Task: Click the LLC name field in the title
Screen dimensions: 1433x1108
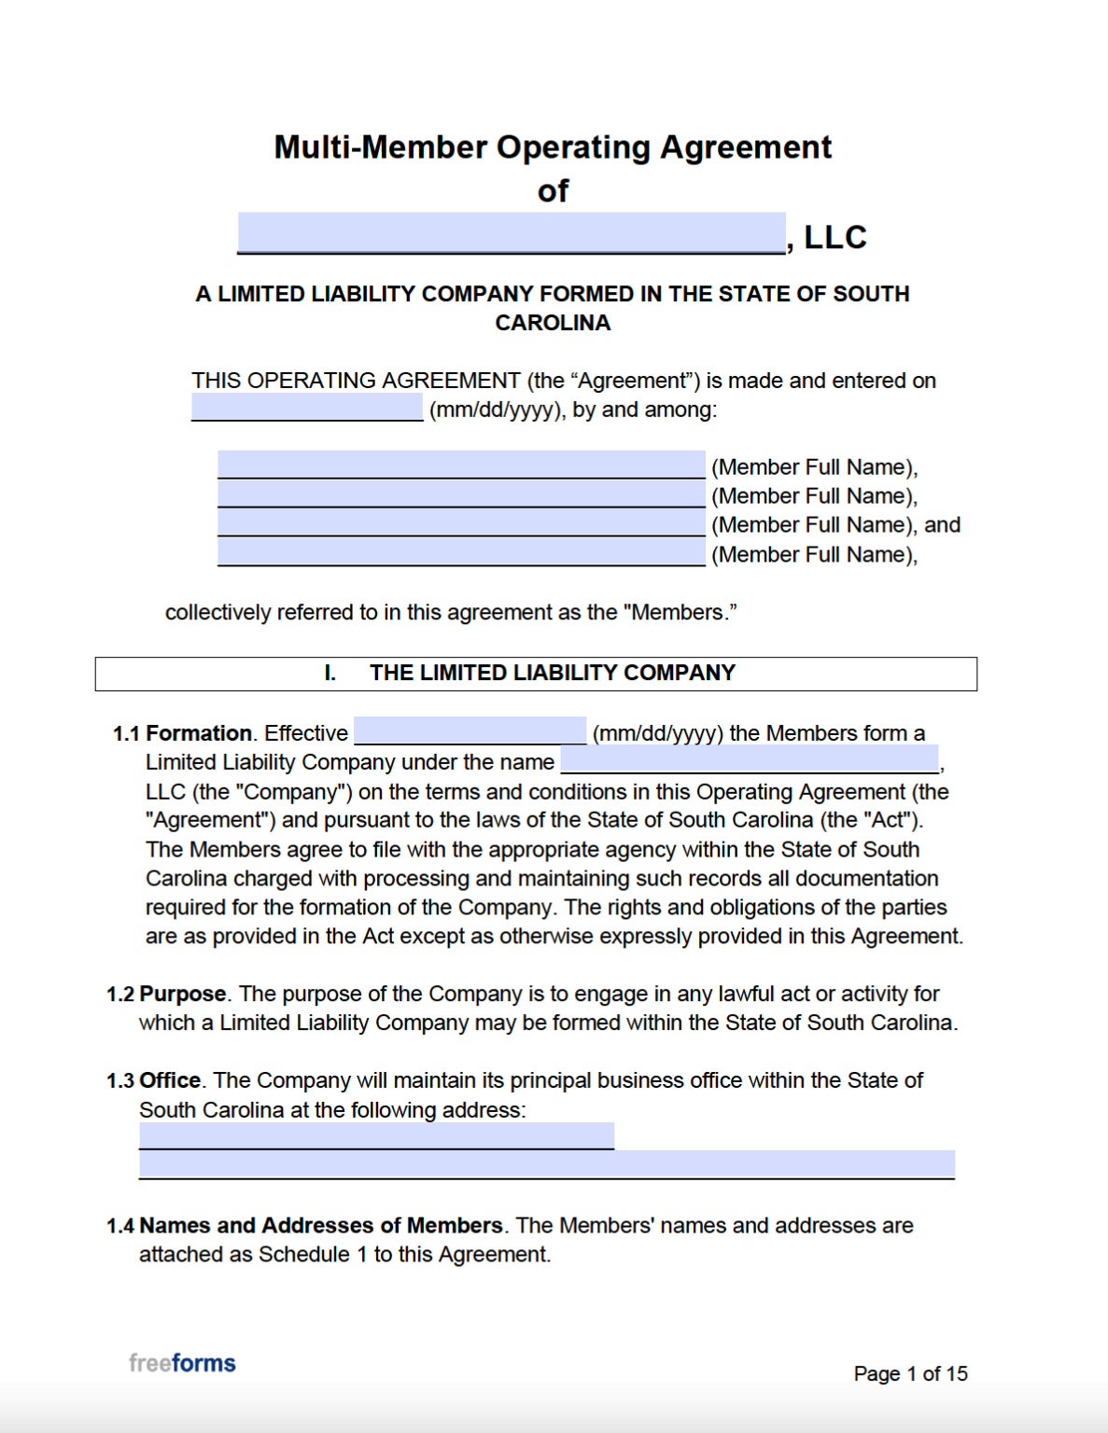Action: pos(511,232)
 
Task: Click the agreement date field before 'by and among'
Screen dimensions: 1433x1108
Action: pos(307,407)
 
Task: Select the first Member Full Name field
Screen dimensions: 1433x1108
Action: pos(461,465)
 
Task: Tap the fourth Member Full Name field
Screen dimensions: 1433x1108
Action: pos(461,552)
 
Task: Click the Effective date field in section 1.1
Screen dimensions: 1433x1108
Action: pos(470,730)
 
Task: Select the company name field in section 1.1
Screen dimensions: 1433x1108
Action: pos(750,759)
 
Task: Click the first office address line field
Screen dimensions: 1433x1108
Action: pos(376,1135)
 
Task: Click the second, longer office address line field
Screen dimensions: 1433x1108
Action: pos(546,1164)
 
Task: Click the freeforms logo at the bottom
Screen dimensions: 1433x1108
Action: pos(182,1363)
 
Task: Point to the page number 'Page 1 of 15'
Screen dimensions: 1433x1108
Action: pos(910,1373)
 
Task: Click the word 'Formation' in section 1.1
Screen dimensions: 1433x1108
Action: pos(199,733)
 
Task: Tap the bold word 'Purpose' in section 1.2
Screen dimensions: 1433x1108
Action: pos(182,994)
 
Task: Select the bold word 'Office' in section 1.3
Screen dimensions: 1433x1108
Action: pos(170,1080)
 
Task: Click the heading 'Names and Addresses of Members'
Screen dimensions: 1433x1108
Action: pos(320,1225)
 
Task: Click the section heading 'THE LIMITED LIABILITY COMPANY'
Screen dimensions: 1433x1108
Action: pos(552,673)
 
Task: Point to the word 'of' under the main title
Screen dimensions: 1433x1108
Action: pos(553,191)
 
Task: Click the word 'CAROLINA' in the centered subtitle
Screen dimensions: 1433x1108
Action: pos(553,323)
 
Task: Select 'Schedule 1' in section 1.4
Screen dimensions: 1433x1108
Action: pos(313,1254)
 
